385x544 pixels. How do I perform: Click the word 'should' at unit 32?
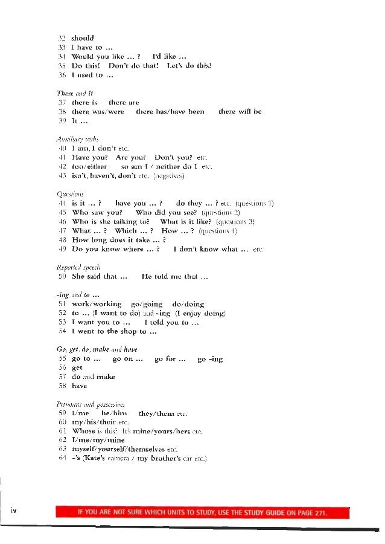click(83, 37)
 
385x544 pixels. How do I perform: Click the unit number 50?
click(62, 277)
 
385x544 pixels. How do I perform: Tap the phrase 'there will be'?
click(240, 112)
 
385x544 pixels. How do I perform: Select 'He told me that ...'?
click(175, 277)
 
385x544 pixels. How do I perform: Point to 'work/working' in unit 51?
click(97, 304)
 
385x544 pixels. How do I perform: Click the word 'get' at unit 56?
click(77, 367)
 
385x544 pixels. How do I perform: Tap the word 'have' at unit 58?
click(79, 386)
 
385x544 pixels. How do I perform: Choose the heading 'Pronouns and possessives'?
click(91, 404)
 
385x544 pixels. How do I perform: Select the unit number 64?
click(62, 459)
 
